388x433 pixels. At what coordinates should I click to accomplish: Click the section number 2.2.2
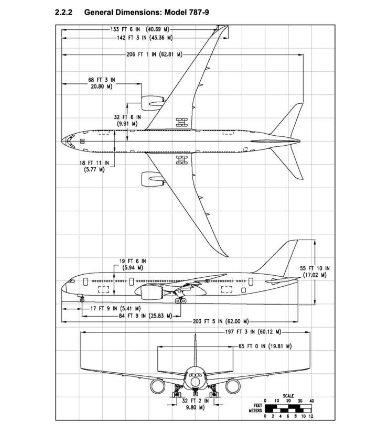point(65,12)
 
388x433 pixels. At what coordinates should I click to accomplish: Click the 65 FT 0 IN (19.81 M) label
point(265,347)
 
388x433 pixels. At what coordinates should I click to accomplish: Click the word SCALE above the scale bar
point(288,396)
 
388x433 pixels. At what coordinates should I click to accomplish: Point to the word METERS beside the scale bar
point(255,410)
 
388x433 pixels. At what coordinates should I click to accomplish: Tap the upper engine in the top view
point(152,101)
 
